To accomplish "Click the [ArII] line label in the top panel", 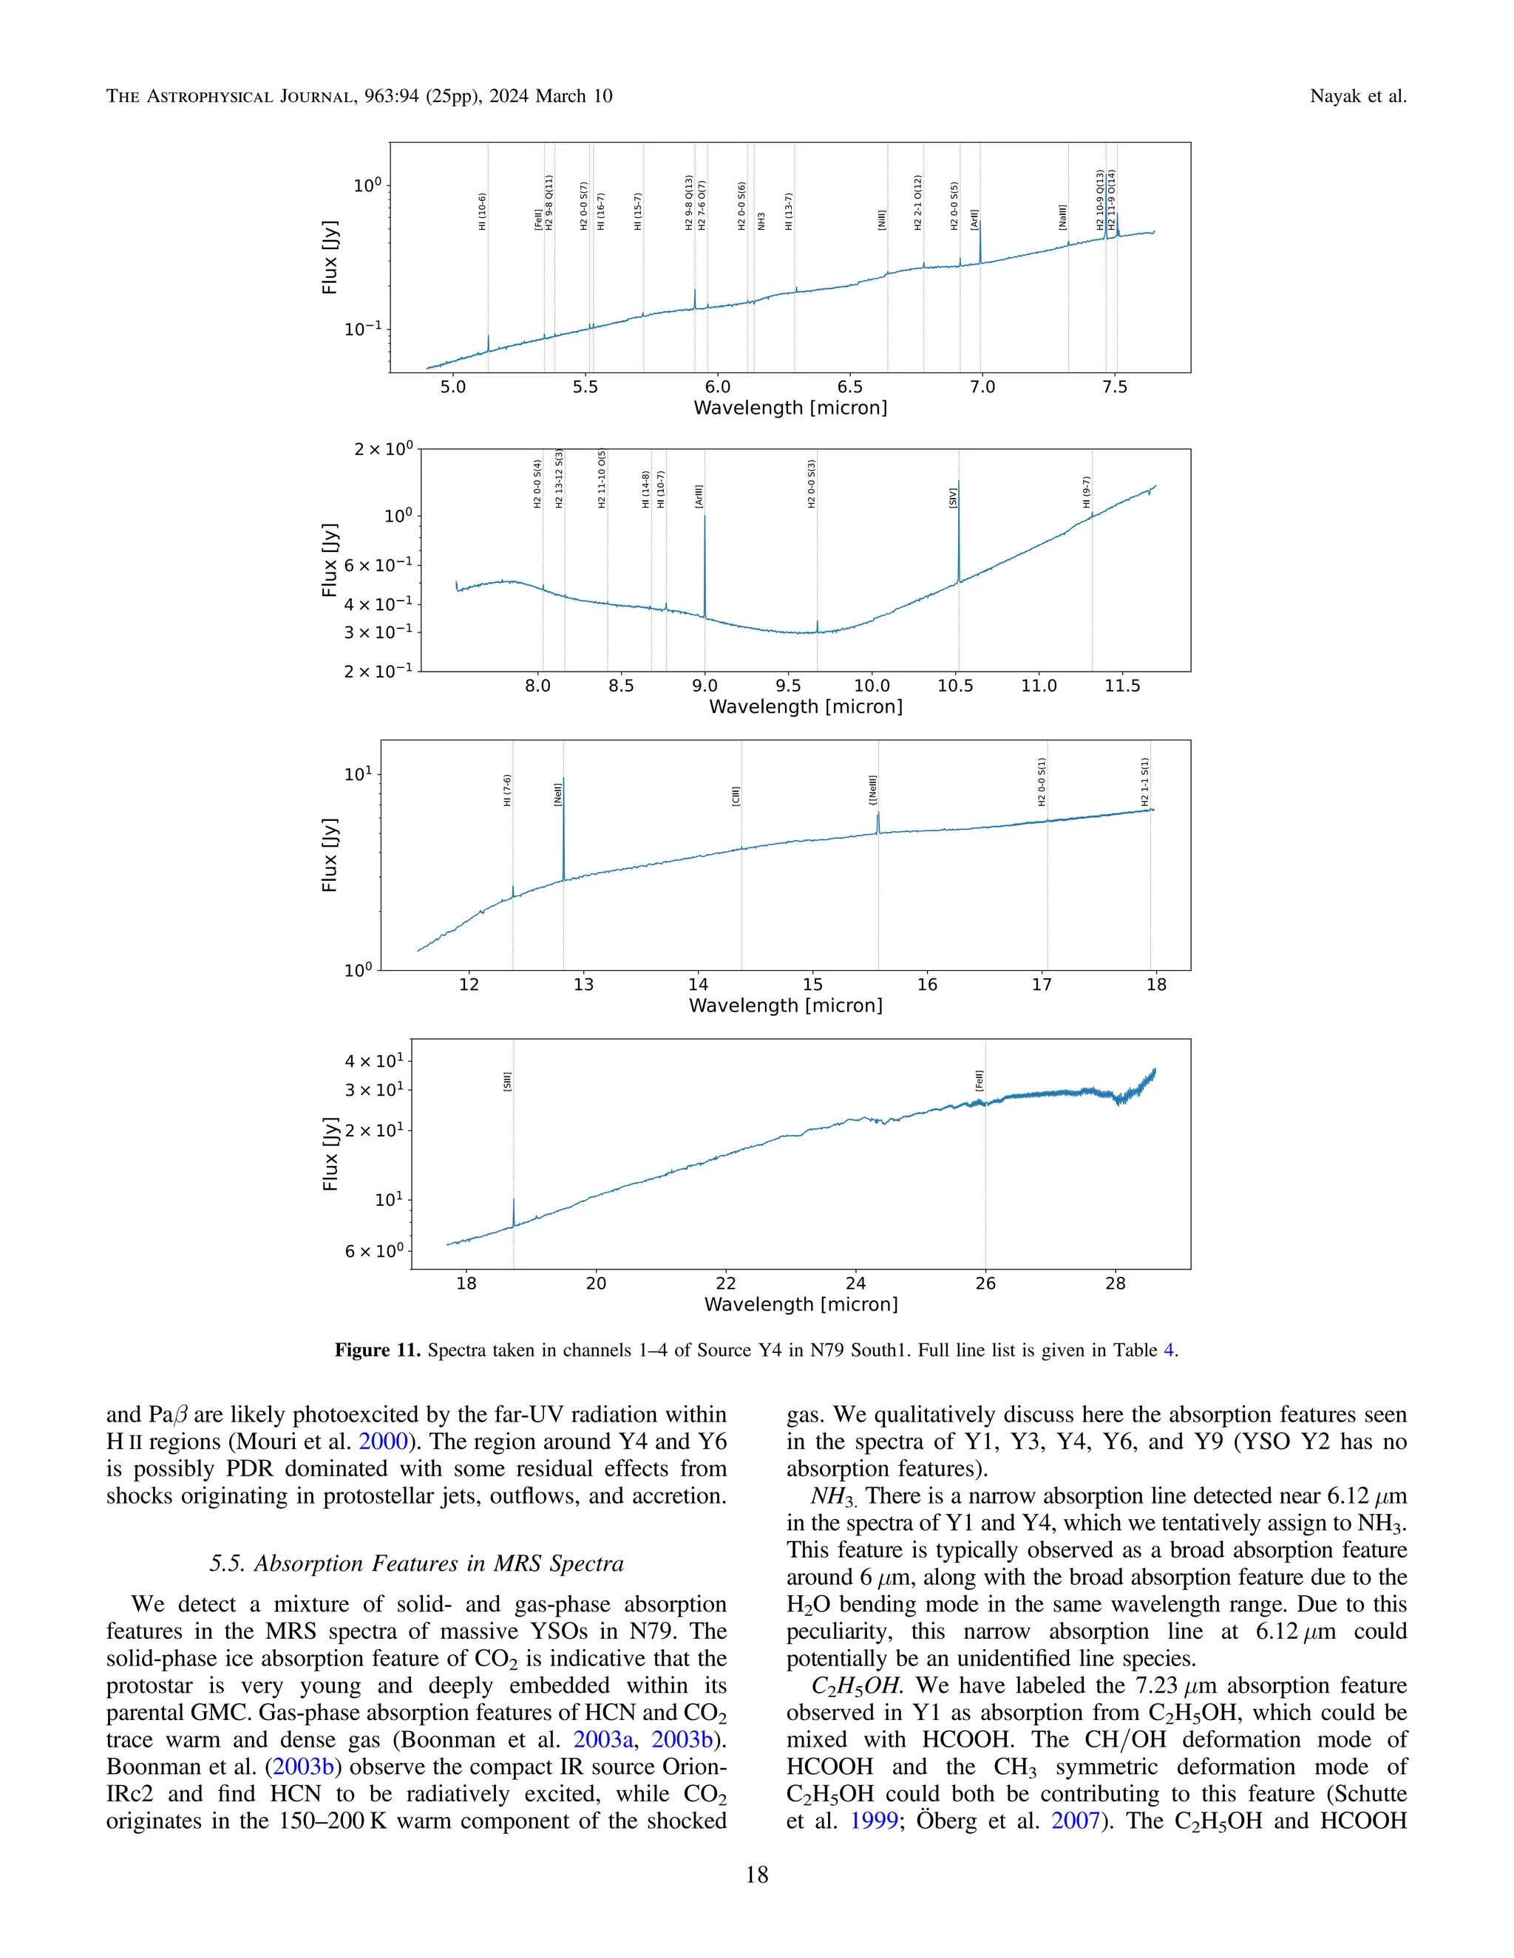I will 974,219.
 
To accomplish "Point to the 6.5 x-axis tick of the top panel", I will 849,387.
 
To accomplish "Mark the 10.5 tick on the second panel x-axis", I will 955,686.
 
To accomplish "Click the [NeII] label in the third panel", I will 558,794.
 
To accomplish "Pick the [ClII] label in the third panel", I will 736,796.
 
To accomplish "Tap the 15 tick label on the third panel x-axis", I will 812,984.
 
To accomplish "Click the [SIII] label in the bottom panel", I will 508,1081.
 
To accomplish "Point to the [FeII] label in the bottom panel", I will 980,1080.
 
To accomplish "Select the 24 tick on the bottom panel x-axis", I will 855,1283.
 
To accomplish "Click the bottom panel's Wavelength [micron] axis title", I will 801,1304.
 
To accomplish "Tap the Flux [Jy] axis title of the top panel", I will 330,256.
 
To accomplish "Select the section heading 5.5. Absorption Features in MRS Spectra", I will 416,1563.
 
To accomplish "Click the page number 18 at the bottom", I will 756,1875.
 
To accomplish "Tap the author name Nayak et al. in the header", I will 1358,96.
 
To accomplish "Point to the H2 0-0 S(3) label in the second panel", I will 812,484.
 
